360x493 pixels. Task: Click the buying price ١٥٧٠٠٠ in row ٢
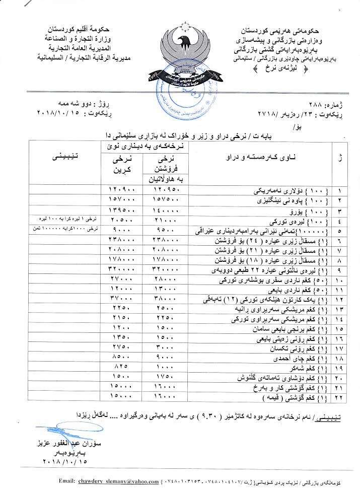tap(120, 200)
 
